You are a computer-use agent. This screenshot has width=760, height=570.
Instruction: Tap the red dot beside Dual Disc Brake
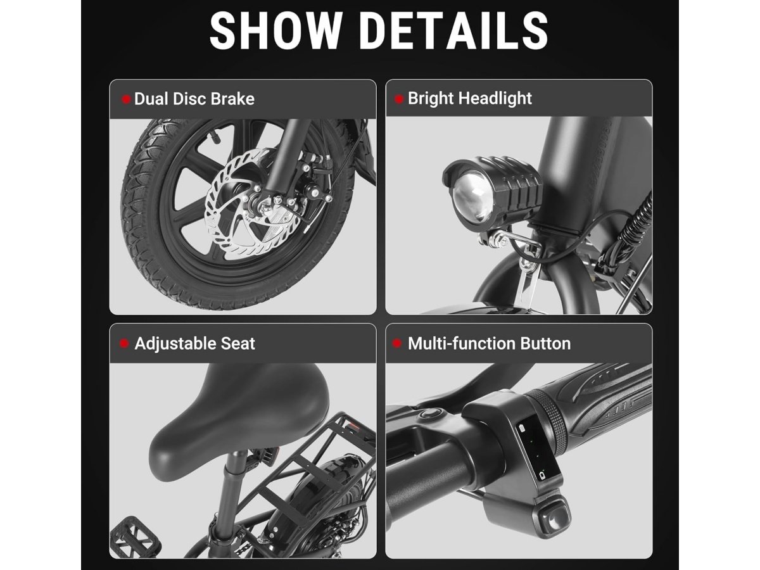click(126, 99)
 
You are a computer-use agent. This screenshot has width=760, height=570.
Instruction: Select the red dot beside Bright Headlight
click(399, 99)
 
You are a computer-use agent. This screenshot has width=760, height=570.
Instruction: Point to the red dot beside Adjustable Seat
click(124, 344)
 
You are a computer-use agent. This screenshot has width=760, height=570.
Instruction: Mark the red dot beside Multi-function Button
click(397, 344)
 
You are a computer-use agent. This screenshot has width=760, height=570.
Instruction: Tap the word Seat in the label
click(238, 344)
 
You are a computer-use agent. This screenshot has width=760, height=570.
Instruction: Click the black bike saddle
click(239, 422)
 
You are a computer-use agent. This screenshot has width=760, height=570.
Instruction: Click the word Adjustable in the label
click(175, 345)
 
